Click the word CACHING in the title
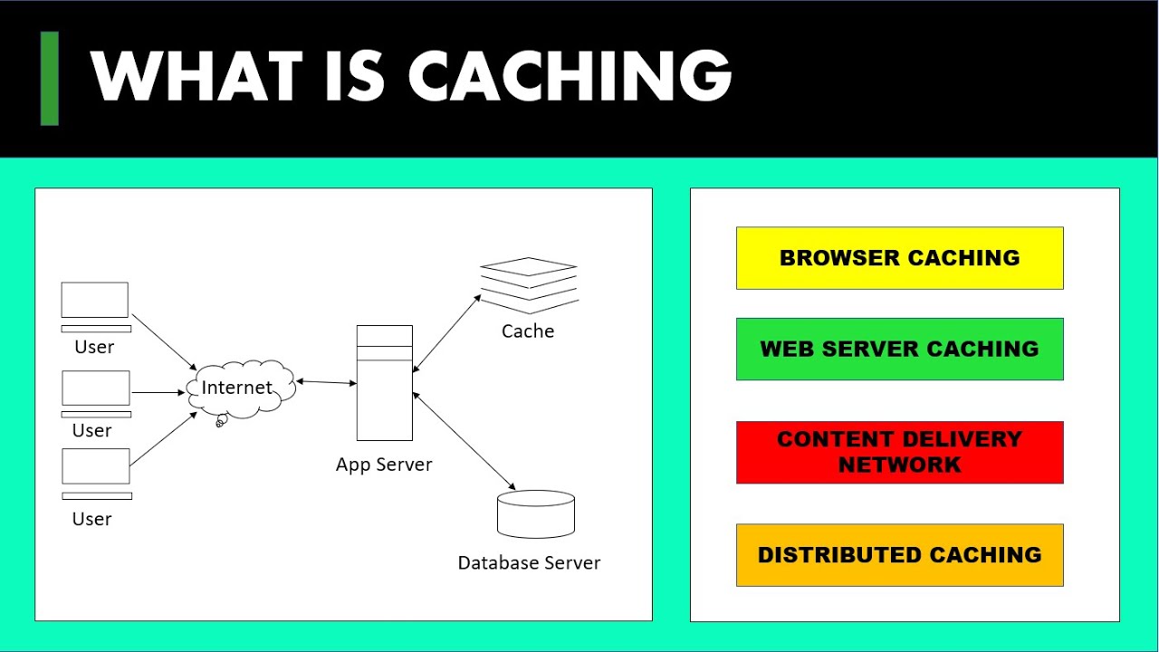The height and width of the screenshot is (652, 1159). point(571,77)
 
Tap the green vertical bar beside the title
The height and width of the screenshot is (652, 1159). point(50,78)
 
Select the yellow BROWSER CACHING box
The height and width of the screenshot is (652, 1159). point(899,258)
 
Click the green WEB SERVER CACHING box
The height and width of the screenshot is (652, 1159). point(899,349)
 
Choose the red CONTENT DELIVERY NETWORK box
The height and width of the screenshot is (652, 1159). point(899,452)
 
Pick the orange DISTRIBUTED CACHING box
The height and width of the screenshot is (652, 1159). point(899,555)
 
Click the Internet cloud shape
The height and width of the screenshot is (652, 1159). point(240,389)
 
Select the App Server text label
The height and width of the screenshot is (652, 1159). point(384,465)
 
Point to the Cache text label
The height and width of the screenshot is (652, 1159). point(528,331)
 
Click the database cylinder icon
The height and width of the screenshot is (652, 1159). point(536,513)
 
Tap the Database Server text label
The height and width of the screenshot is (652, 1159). point(529,563)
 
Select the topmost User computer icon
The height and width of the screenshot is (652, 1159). point(95,304)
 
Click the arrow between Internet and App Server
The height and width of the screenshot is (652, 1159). point(326,382)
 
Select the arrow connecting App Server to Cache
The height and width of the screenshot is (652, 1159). point(446,332)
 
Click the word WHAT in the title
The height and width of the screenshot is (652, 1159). point(196,77)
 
